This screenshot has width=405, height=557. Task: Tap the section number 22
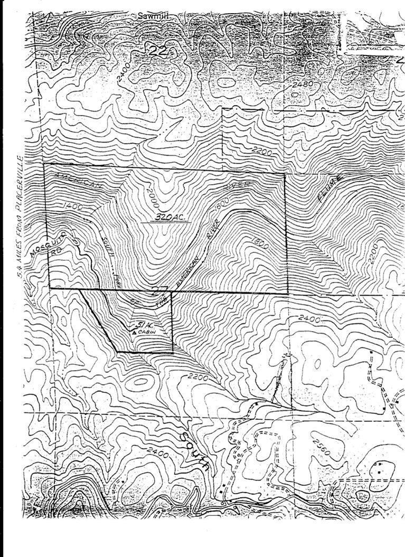click(x=157, y=51)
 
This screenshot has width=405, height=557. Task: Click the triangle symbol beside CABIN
click(x=134, y=333)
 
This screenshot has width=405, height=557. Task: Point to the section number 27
click(x=156, y=290)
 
